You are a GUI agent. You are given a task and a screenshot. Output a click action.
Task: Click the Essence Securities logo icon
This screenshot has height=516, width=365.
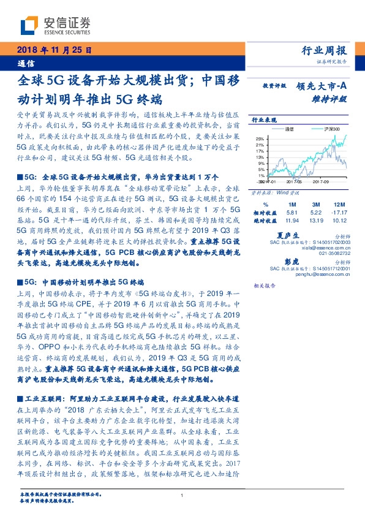(29, 25)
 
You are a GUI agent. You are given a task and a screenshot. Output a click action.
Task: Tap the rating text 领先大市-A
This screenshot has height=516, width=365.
(322, 87)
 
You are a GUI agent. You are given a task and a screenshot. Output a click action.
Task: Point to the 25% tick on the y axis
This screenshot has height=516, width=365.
(260, 138)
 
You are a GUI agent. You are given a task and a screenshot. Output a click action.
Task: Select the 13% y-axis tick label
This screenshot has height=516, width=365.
(260, 157)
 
